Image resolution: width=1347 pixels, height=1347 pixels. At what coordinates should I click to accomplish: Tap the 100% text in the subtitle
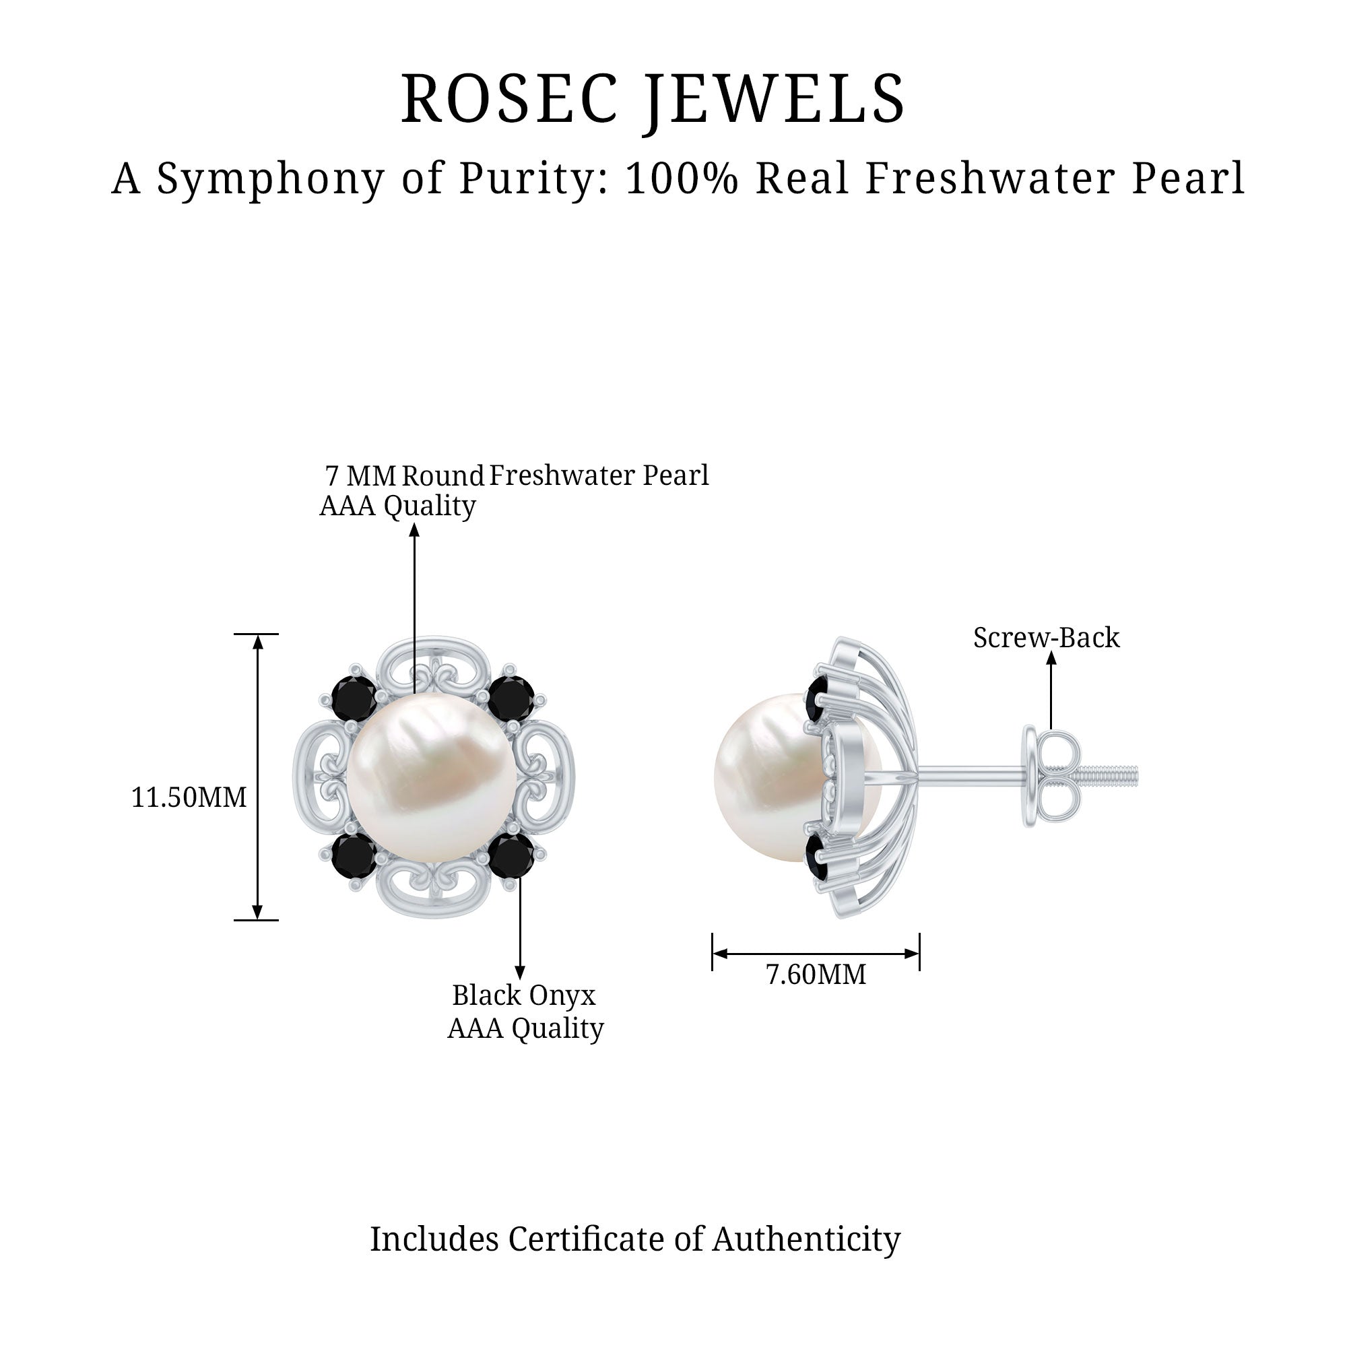[x=681, y=178]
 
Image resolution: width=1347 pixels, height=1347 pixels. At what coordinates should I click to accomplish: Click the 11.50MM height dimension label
[x=189, y=797]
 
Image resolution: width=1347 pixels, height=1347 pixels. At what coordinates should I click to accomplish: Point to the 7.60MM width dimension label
[x=816, y=974]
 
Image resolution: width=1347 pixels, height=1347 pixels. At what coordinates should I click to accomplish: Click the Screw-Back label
[x=1046, y=637]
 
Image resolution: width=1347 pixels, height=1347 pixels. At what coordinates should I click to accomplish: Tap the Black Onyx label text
[x=523, y=995]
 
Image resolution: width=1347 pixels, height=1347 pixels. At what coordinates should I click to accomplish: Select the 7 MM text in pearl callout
[x=360, y=476]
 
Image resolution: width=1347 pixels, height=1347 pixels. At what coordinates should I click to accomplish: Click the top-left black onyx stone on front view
[x=354, y=698]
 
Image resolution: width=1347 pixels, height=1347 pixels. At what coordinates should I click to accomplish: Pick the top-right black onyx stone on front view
[x=511, y=698]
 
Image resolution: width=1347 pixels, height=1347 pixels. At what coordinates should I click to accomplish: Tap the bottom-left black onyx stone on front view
[x=354, y=855]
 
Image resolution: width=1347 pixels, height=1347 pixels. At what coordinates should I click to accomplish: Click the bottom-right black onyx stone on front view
[x=511, y=855]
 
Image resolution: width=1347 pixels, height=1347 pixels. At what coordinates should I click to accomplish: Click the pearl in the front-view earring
[x=432, y=777]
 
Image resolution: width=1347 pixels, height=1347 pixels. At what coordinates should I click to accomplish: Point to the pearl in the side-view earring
[x=764, y=777]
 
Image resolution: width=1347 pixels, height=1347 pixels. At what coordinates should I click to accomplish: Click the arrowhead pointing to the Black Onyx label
[x=519, y=973]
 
